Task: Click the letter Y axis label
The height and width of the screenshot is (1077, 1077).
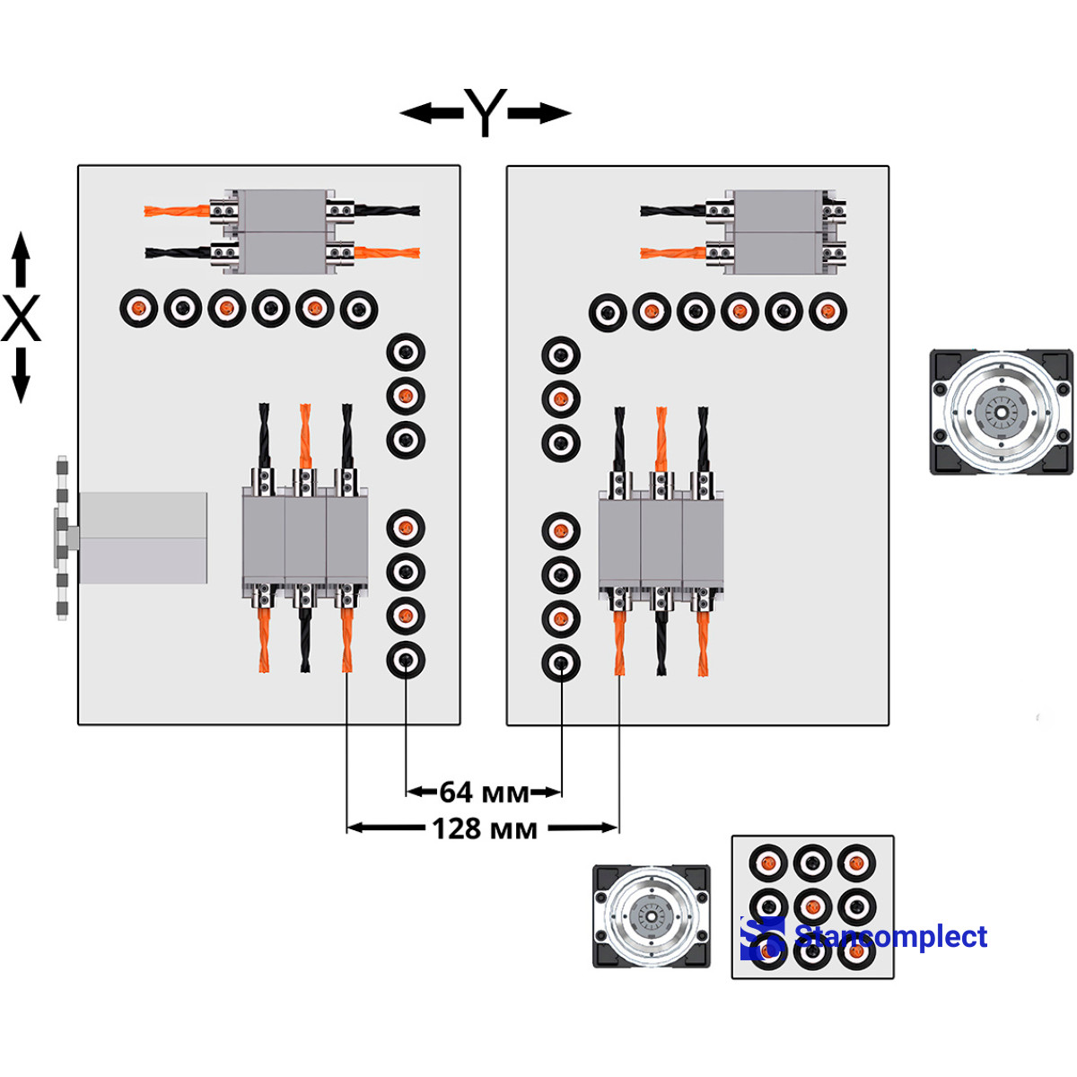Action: pyautogui.click(x=486, y=112)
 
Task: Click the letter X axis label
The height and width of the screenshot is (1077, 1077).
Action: pyautogui.click(x=21, y=318)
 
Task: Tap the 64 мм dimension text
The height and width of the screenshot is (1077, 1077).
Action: pyautogui.click(x=484, y=792)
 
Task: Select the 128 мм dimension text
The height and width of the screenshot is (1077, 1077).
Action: pyautogui.click(x=485, y=828)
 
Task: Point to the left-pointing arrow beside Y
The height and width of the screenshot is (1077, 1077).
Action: pyautogui.click(x=432, y=113)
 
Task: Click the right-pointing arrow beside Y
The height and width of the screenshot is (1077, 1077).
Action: pyautogui.click(x=539, y=113)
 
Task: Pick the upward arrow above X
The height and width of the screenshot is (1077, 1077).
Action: pyautogui.click(x=21, y=259)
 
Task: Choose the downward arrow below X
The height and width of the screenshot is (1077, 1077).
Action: pyautogui.click(x=21, y=375)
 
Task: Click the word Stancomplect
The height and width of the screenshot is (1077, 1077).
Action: pyautogui.click(x=891, y=935)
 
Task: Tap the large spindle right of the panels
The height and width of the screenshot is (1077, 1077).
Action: pyautogui.click(x=1001, y=413)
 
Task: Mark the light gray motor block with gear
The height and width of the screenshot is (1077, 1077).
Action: pyautogui.click(x=132, y=538)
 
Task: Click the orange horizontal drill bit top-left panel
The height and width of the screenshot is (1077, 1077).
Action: pyautogui.click(x=177, y=211)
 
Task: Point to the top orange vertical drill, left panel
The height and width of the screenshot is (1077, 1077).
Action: pyautogui.click(x=305, y=436)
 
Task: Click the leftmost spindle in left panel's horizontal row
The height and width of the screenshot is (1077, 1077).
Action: pyautogui.click(x=138, y=308)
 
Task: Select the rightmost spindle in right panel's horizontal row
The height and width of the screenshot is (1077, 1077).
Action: pyautogui.click(x=827, y=311)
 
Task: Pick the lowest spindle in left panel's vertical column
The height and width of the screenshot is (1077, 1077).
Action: pyautogui.click(x=406, y=660)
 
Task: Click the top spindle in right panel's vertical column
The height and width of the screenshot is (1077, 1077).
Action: pyautogui.click(x=561, y=355)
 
